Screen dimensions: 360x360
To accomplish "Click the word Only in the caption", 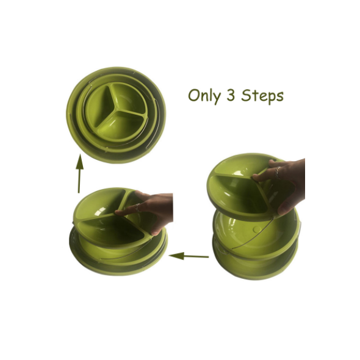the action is click(x=204, y=96).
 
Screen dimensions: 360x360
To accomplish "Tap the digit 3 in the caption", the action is click(x=231, y=95).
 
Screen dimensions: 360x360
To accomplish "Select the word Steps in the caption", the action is click(x=262, y=96).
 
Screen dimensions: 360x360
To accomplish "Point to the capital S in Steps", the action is click(x=245, y=96).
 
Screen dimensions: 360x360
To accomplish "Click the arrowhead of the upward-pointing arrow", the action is click(x=79, y=162).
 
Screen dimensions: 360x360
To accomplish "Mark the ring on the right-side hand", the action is click(x=278, y=173).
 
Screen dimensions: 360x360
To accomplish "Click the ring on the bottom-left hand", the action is click(x=137, y=208).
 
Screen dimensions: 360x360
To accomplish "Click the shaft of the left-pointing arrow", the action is click(x=196, y=256).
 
